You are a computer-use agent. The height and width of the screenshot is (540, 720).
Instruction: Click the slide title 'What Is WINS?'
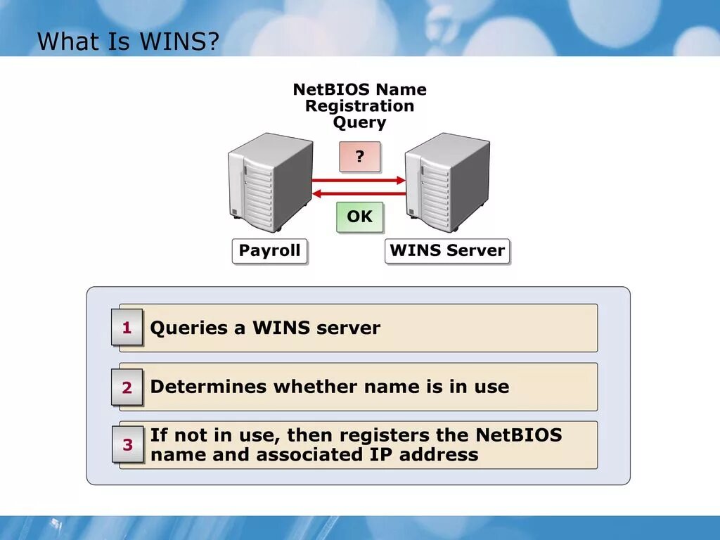[x=128, y=41]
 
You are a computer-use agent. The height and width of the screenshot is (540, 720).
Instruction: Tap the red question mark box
[x=360, y=157]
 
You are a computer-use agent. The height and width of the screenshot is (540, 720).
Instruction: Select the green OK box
[x=360, y=217]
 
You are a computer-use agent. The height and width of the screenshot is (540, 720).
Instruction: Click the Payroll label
[x=269, y=251]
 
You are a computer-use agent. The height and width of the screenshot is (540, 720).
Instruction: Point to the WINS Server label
[x=447, y=251]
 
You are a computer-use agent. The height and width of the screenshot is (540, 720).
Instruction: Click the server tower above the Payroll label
[x=270, y=183]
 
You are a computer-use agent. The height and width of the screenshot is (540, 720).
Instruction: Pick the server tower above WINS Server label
[x=447, y=183]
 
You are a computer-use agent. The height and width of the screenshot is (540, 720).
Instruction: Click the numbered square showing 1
[x=127, y=328]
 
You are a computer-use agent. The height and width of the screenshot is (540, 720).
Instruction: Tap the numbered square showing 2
[x=127, y=387]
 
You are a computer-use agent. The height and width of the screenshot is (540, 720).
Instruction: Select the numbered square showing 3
[x=127, y=444]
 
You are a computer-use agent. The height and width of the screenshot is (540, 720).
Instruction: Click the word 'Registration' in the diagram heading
[x=359, y=106]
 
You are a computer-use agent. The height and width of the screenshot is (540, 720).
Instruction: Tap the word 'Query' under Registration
[x=359, y=122]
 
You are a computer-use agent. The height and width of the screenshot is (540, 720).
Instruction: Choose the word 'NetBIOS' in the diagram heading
[x=331, y=90]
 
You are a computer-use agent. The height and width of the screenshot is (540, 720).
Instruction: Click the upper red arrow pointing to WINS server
[x=359, y=180]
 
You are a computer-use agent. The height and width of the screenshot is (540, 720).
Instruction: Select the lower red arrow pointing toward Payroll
[x=359, y=193]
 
